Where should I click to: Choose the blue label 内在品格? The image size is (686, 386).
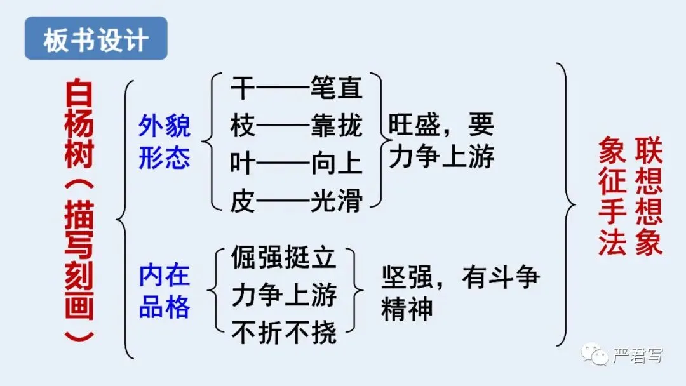point(165,291)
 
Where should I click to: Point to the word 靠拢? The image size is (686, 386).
point(337,126)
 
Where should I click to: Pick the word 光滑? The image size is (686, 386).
point(337,202)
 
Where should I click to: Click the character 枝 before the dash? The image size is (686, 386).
point(242,126)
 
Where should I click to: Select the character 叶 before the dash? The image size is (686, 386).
point(242,164)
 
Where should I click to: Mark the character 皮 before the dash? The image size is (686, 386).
point(242,202)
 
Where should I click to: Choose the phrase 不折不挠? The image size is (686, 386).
point(283,333)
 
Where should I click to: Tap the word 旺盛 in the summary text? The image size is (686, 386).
point(414,125)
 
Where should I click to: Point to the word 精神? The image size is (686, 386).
point(407,309)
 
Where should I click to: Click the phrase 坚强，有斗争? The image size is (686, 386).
point(461,278)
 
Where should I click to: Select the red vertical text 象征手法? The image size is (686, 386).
point(612,197)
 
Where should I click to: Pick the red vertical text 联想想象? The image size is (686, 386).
point(649,197)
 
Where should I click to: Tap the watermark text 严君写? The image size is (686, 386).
point(637,356)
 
